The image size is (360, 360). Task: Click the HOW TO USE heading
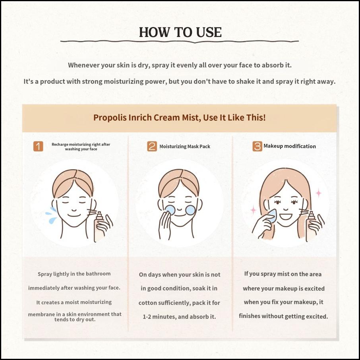tap(180, 32)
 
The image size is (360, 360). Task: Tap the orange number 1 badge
tap(38, 146)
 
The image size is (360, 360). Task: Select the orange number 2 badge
tap(152, 146)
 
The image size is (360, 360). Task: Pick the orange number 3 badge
tap(257, 146)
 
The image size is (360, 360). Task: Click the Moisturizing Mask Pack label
tap(185, 147)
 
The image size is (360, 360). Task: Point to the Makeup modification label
tap(290, 146)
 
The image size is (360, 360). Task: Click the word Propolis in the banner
tap(110, 118)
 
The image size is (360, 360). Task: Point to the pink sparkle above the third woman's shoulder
tap(318, 193)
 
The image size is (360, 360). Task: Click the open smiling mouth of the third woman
tap(286, 216)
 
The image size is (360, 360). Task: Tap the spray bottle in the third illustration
tap(311, 226)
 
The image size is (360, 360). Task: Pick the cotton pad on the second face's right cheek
tap(190, 210)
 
